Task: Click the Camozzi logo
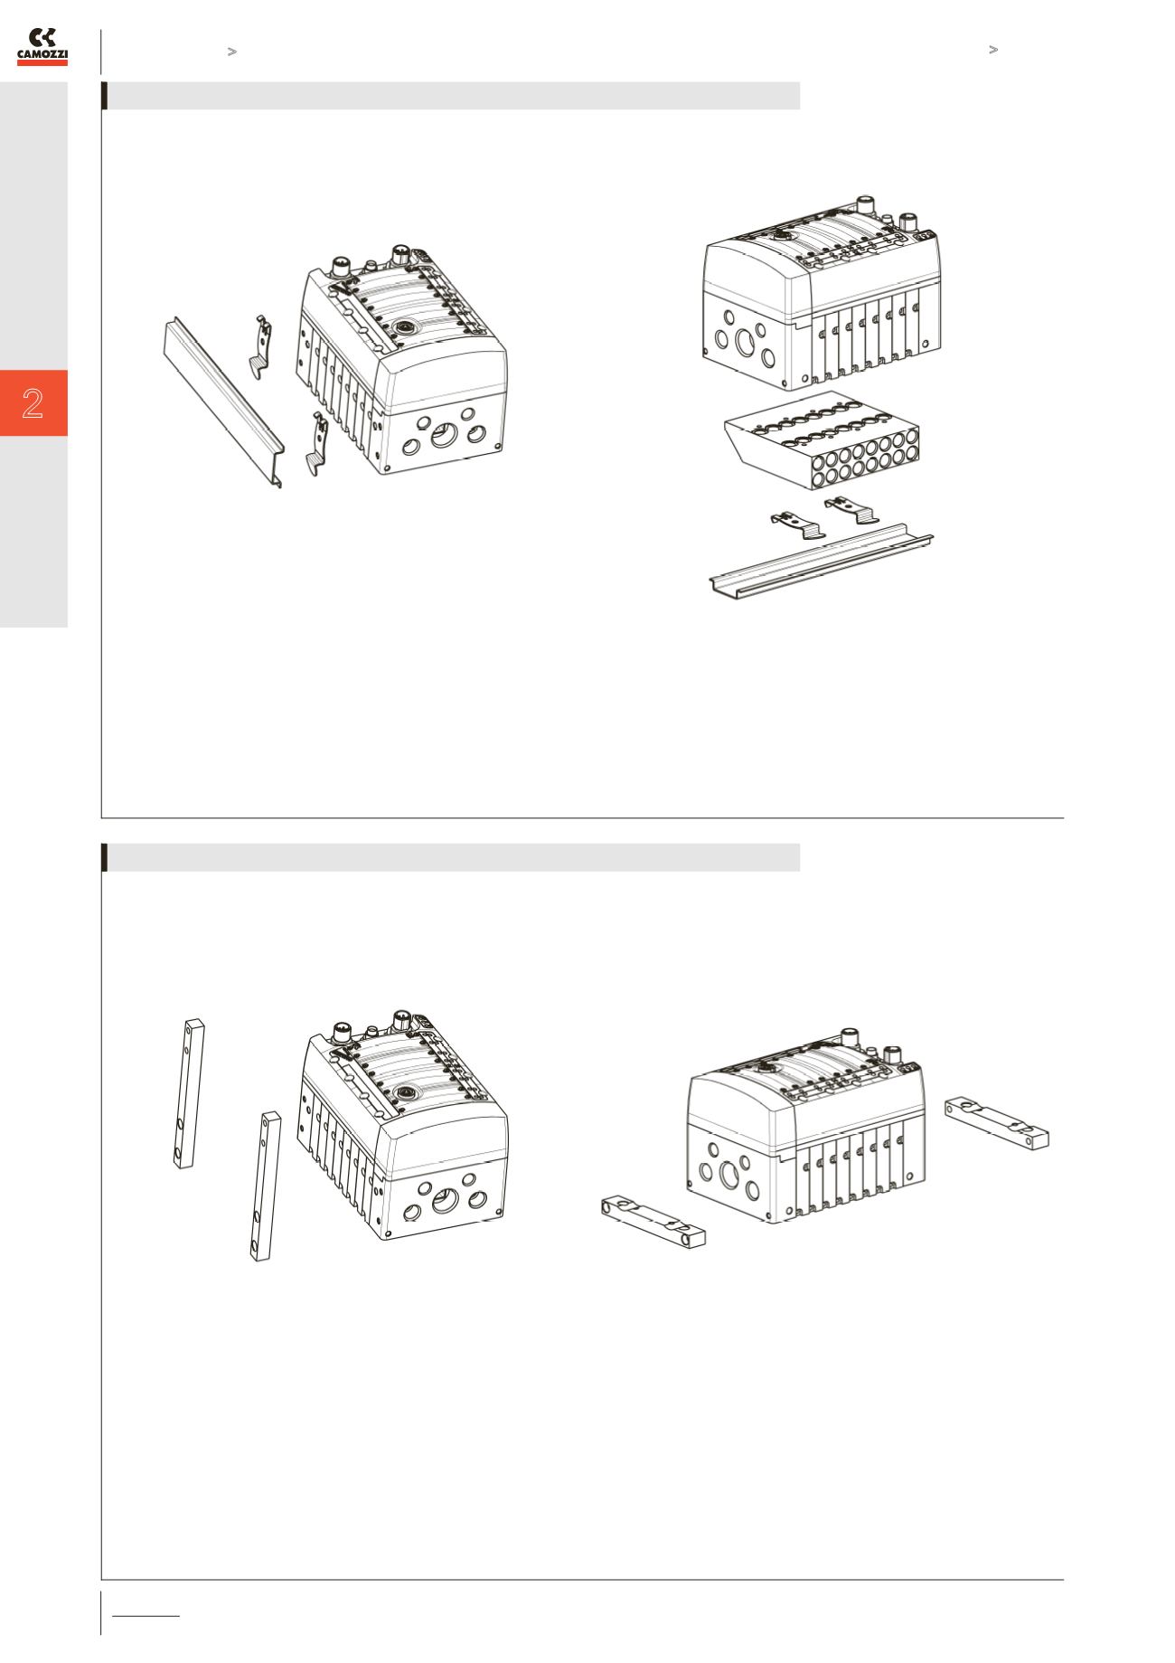42,47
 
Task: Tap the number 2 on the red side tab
33,403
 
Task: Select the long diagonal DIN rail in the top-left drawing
223,402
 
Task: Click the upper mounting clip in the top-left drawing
260,346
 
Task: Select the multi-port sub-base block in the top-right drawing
823,440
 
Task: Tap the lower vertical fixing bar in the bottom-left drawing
265,1186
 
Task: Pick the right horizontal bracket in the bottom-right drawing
997,1122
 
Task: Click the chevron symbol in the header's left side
231,52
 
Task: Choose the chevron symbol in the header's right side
992,50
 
